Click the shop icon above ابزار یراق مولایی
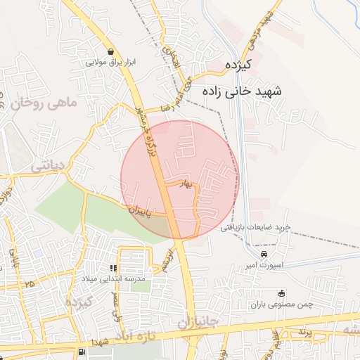click(x=111, y=51)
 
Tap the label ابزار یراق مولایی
click(x=110, y=63)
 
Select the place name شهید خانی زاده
click(x=240, y=91)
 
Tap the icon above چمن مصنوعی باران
click(x=282, y=293)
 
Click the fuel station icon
click(x=84, y=351)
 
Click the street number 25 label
click(x=29, y=283)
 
